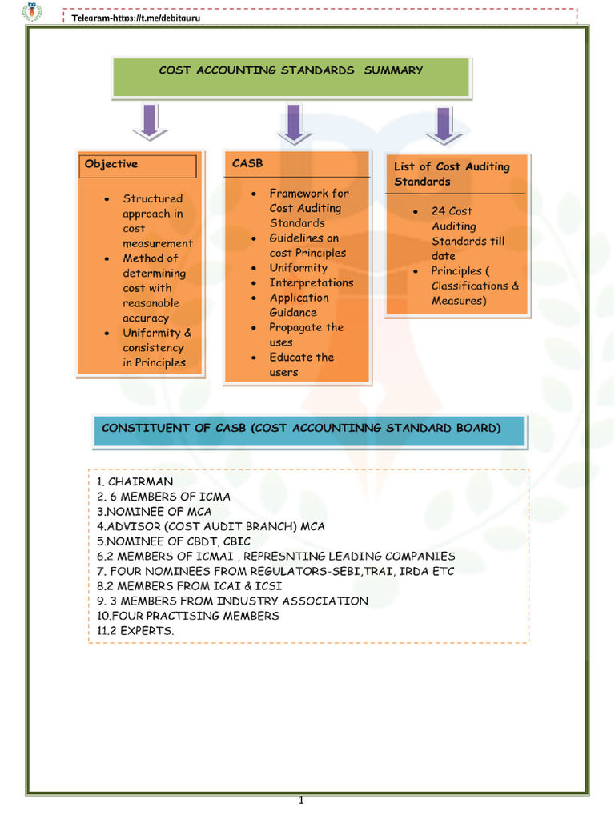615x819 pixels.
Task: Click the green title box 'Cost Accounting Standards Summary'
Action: click(291, 71)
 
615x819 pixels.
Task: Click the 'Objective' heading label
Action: click(111, 164)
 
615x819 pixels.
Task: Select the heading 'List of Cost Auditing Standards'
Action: click(452, 174)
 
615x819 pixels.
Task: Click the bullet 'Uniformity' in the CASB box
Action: click(298, 268)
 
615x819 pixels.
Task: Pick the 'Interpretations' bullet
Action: click(311, 282)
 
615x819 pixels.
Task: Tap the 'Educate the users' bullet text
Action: click(301, 364)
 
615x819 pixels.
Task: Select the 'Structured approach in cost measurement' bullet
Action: click(157, 221)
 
